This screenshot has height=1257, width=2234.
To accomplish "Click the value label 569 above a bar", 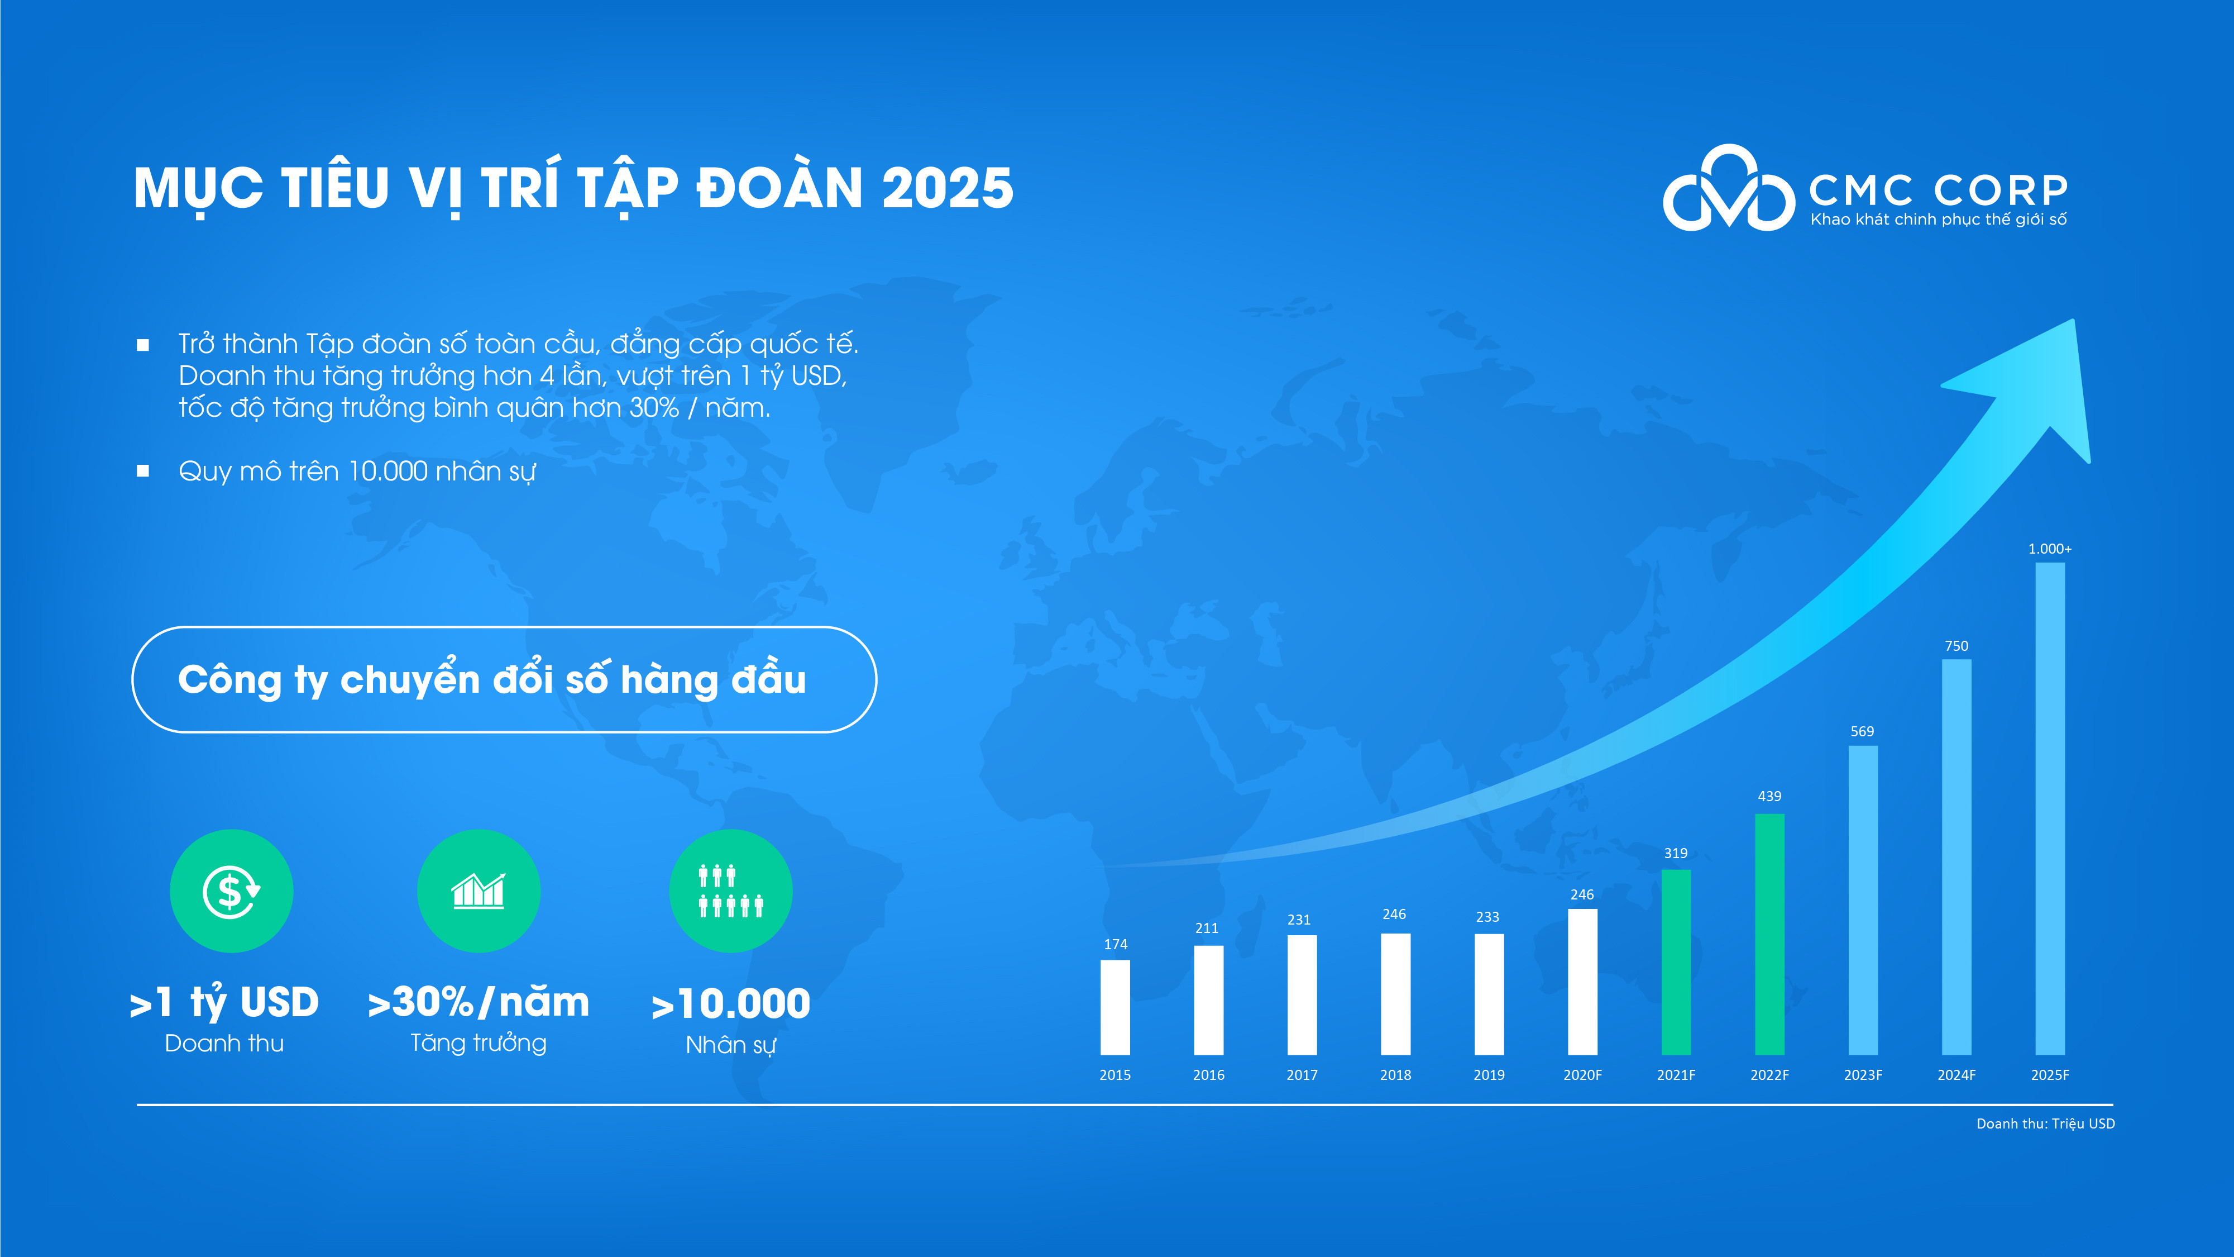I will pyautogui.click(x=1862, y=731).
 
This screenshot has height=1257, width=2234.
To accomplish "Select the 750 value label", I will pyautogui.click(x=1956, y=646).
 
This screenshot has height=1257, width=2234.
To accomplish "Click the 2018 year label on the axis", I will pyautogui.click(x=1395, y=1075).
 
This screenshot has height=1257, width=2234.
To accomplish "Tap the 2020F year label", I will pyautogui.click(x=1583, y=1075).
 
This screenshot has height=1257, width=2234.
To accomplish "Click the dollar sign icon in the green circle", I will pyautogui.click(x=231, y=891).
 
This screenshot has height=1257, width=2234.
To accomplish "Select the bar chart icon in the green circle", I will pyautogui.click(x=478, y=891).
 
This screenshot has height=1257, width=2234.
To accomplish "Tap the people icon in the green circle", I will pyautogui.click(x=730, y=891).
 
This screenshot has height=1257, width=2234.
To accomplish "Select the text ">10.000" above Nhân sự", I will pyautogui.click(x=730, y=1004).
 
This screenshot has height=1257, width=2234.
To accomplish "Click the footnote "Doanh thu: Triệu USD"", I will pyautogui.click(x=2045, y=1123).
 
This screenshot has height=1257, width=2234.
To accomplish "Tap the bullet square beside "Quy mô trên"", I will pyautogui.click(x=143, y=471).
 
